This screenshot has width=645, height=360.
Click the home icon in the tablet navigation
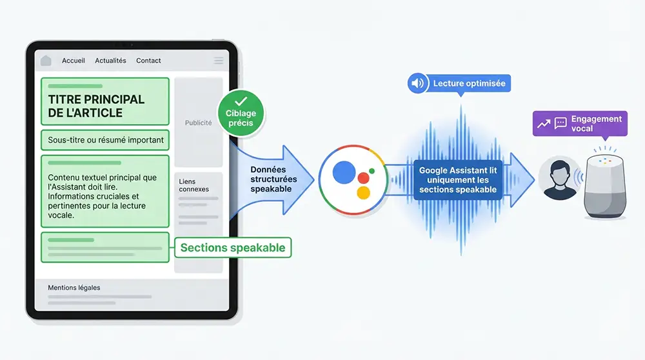point(46,61)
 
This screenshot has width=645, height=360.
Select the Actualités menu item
point(110,61)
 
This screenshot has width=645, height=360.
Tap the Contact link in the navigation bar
point(148,61)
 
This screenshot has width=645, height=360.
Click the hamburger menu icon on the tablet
point(219,61)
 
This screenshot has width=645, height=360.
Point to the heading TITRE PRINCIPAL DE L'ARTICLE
point(96,106)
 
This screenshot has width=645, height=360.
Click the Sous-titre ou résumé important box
point(106,139)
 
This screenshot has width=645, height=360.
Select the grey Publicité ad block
point(198,123)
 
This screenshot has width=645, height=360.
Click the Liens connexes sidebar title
point(193,185)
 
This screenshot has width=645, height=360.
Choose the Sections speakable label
point(233,248)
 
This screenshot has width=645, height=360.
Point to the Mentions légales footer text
point(74,288)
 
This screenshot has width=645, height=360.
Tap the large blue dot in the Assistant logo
point(344,172)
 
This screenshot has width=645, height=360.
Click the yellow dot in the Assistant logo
point(363,192)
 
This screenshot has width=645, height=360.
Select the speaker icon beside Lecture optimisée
point(418,83)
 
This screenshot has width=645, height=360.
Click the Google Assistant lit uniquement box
point(457,180)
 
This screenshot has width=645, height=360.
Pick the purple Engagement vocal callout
point(580,123)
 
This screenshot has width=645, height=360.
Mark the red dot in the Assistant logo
point(363,177)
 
